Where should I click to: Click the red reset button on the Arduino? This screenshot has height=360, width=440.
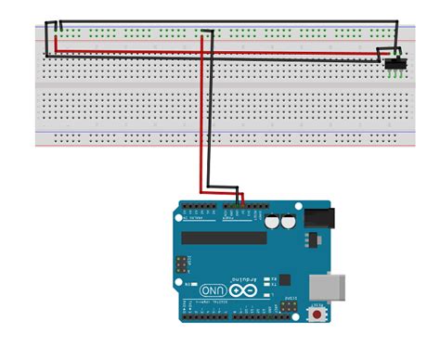pyautogui.click(x=320, y=316)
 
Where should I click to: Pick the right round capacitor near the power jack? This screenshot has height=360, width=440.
pyautogui.click(x=290, y=222)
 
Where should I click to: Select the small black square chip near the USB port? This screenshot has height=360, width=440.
pyautogui.click(x=285, y=278)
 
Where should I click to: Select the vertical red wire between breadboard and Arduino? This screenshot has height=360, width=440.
pyautogui.click(x=198, y=139)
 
